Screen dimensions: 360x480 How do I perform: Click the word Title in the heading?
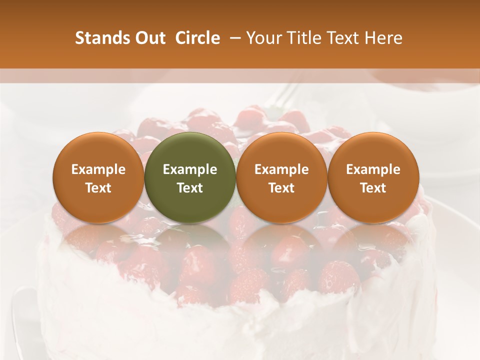coord(302,38)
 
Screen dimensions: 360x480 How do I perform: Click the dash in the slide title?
coord(233,38)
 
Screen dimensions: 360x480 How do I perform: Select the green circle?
coord(190,177)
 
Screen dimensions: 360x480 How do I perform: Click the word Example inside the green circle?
coord(190,169)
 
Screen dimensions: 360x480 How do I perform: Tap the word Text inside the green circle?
coord(190,188)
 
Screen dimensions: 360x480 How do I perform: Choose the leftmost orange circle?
coord(98,177)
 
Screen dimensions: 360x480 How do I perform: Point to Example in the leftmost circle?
coord(98,169)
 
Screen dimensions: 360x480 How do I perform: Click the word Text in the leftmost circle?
coord(98,188)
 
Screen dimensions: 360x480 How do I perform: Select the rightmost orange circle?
coord(373,177)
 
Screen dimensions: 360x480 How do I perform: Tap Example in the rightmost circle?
coord(373,169)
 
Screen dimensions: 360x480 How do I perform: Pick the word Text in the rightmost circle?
coord(373,188)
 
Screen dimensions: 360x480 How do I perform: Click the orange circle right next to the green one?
coord(281,177)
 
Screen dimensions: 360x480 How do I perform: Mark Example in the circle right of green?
coord(281,169)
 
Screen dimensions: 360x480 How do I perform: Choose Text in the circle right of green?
coord(281,188)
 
